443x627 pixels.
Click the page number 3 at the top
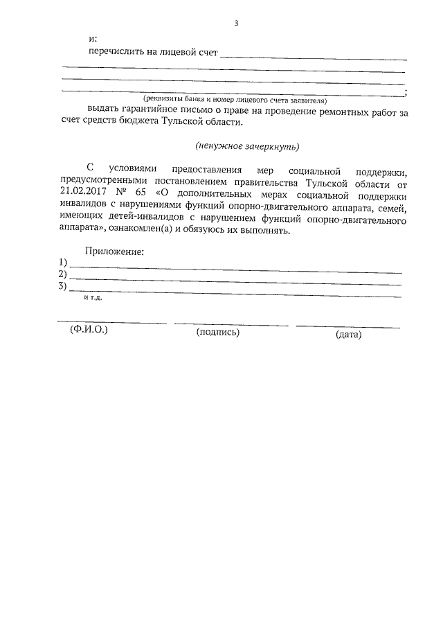pos(236,23)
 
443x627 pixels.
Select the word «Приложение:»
pos(114,251)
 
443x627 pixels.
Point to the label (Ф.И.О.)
pos(89,330)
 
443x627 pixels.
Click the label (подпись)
pos(218,333)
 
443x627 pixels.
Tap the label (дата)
pos(348,335)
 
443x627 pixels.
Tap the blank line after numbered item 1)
pos(235,268)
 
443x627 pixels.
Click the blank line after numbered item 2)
pos(235,279)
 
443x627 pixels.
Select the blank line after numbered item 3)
pos(235,292)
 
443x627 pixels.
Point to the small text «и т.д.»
pos(93,297)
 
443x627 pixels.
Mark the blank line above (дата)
pos(347,326)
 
